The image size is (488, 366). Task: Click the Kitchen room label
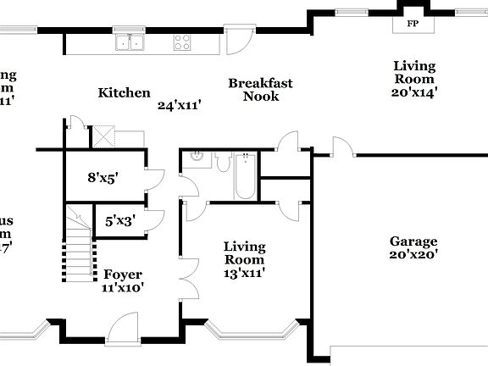(124, 93)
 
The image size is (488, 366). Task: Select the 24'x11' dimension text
(179, 106)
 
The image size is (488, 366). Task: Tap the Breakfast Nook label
(260, 90)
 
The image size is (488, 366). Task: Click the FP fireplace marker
(413, 23)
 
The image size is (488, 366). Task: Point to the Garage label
(413, 241)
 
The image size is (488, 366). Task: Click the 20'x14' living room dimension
(414, 92)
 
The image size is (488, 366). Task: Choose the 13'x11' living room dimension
(245, 273)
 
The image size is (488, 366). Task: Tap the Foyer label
(123, 274)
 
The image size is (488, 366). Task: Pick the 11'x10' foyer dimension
(123, 287)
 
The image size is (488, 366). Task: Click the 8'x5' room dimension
(103, 178)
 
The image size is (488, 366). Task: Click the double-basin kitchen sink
(130, 42)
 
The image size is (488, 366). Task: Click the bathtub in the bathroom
(245, 176)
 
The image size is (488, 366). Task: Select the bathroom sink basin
(196, 157)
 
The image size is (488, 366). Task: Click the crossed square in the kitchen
(103, 136)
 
